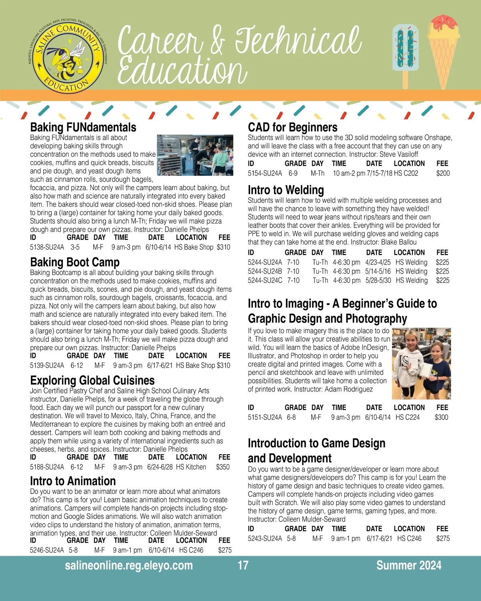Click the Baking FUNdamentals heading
point(83,127)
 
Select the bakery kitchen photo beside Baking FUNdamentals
point(195,155)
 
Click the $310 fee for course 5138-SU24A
point(224,247)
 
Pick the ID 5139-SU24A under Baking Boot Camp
point(47,365)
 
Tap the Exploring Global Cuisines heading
point(92,380)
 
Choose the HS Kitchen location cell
point(191,467)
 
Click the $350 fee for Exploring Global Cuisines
point(223,467)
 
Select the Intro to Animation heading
point(73,481)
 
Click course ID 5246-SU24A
point(47,550)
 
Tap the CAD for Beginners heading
point(293,127)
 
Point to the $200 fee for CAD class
point(443,173)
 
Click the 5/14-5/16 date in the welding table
point(378,271)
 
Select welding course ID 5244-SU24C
point(265,280)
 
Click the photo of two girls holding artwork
point(421,363)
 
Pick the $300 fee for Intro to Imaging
point(441,417)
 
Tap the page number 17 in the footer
point(243,565)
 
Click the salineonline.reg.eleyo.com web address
point(129,565)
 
